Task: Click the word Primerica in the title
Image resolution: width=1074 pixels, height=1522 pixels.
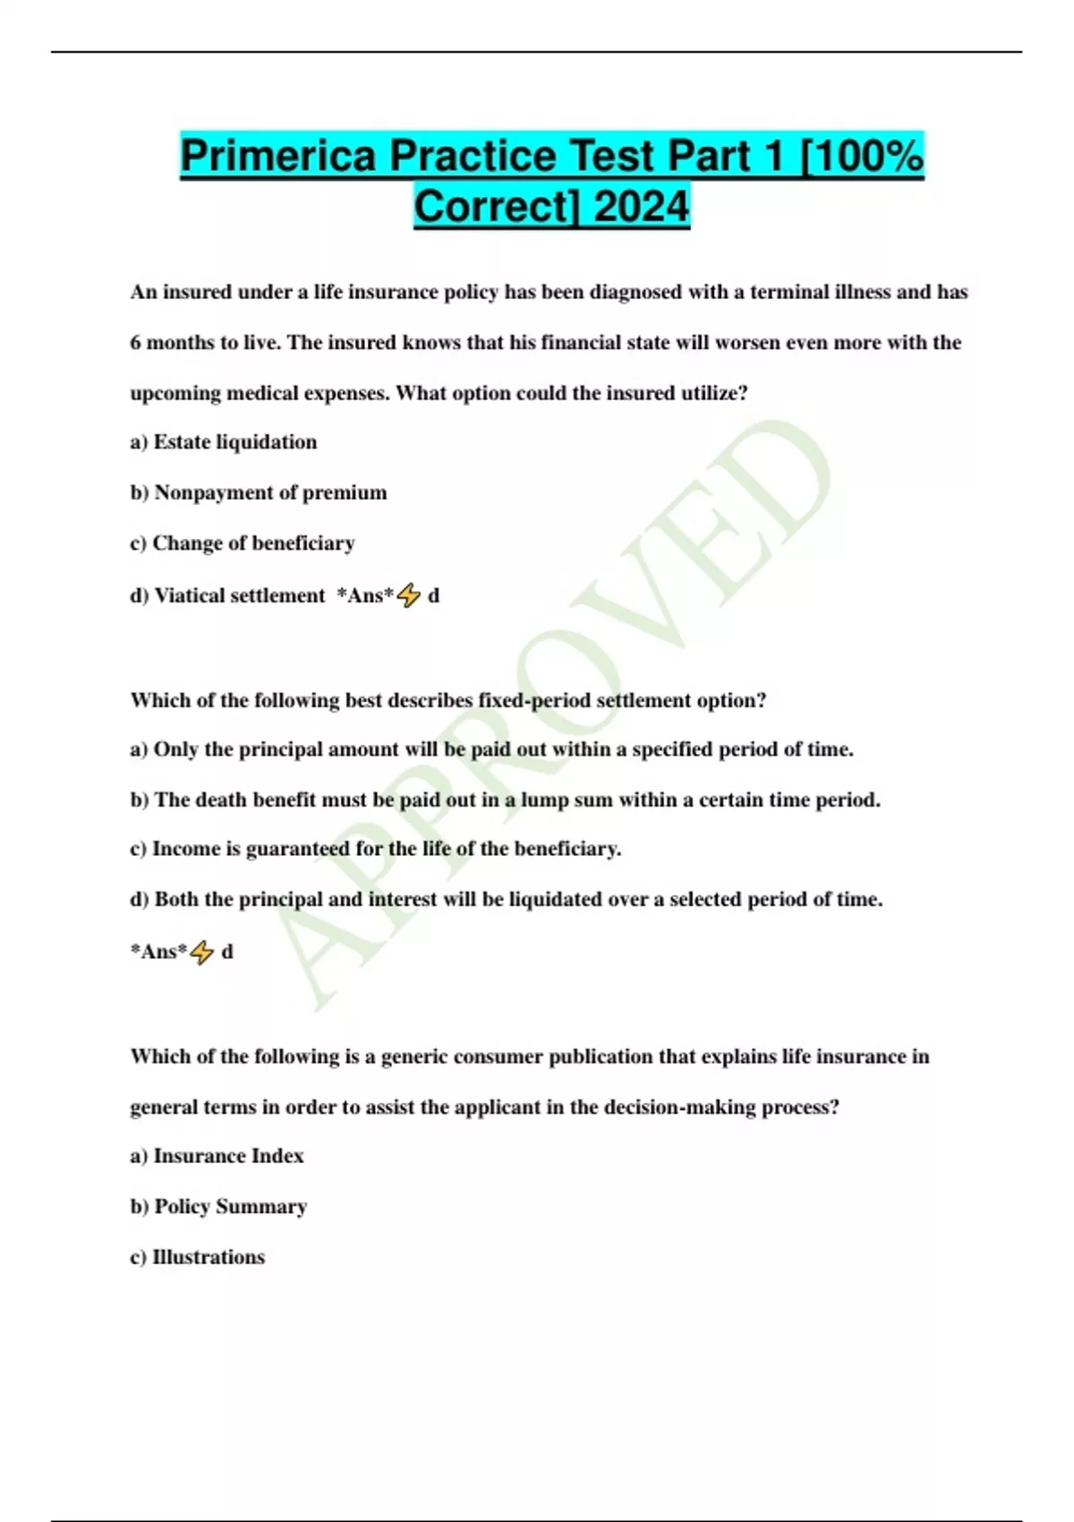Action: click(278, 156)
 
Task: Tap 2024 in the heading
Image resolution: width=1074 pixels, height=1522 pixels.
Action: click(641, 207)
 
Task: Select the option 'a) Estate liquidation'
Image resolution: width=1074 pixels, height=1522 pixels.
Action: click(224, 442)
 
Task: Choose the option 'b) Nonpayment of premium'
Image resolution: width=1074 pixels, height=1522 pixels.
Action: click(259, 492)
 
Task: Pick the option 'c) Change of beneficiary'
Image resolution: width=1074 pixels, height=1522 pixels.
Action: click(243, 543)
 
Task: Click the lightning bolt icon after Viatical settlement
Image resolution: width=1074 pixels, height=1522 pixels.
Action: click(408, 595)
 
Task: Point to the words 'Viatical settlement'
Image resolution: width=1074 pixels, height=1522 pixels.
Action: click(240, 595)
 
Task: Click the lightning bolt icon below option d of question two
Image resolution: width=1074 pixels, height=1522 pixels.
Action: click(202, 952)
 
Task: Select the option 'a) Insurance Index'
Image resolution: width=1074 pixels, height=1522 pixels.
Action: click(217, 1156)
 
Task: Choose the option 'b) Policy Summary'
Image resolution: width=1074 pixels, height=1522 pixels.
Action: click(218, 1207)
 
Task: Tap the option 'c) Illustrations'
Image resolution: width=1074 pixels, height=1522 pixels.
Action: click(198, 1257)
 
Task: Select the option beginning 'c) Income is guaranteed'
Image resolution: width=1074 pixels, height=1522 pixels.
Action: click(376, 849)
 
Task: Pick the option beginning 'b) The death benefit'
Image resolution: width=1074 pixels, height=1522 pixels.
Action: click(506, 799)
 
